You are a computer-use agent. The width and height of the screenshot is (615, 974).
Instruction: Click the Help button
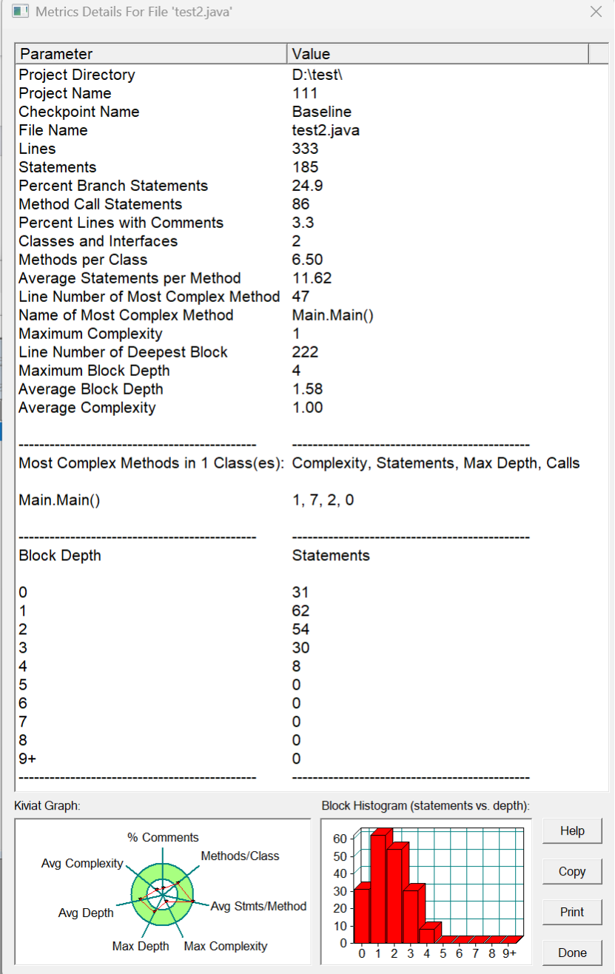tap(572, 831)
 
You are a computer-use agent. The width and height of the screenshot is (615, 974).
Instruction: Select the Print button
tap(572, 912)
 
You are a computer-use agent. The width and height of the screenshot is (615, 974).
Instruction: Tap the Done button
tap(572, 953)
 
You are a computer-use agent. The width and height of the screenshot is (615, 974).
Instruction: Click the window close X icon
tap(596, 12)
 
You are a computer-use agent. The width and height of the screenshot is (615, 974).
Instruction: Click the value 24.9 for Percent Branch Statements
tap(308, 186)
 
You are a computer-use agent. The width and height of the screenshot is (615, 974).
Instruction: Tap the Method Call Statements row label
tap(101, 204)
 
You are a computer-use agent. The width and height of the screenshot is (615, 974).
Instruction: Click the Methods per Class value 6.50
tap(308, 260)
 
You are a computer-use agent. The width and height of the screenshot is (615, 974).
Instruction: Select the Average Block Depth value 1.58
tap(308, 389)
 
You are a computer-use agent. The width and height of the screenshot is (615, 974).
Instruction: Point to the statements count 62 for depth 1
tap(301, 611)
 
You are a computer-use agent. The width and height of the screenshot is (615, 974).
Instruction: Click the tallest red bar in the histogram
tap(379, 888)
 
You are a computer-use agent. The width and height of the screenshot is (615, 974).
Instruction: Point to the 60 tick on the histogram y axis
tap(339, 839)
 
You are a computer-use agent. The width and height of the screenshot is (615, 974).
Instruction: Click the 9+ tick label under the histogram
tap(508, 953)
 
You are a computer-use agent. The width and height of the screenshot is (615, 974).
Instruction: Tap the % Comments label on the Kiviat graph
tap(163, 838)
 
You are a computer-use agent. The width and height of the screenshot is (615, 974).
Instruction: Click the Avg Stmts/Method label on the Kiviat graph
tap(259, 906)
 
